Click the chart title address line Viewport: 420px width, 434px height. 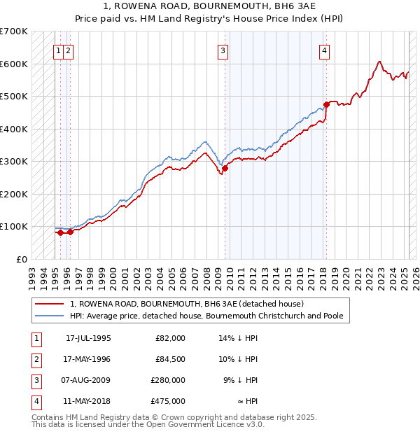pyautogui.click(x=211, y=7)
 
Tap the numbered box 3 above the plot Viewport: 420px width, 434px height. pyautogui.click(x=222, y=50)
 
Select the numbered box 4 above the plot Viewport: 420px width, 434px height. pyautogui.click(x=325, y=50)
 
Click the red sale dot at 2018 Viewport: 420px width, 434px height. pyautogui.click(x=326, y=104)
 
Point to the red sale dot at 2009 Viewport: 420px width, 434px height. pyautogui.click(x=225, y=168)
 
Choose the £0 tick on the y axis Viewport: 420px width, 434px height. pyautogui.click(x=22, y=259)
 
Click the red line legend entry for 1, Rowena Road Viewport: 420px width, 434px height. pyautogui.click(x=186, y=304)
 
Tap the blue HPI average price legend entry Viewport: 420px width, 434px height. pyautogui.click(x=206, y=316)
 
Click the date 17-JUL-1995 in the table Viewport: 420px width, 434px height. pyautogui.click(x=88, y=338)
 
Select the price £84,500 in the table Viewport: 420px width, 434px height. pyautogui.click(x=170, y=359)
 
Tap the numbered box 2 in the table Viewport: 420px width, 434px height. pyautogui.click(x=36, y=359)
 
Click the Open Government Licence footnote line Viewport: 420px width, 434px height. pyautogui.click(x=148, y=424)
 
